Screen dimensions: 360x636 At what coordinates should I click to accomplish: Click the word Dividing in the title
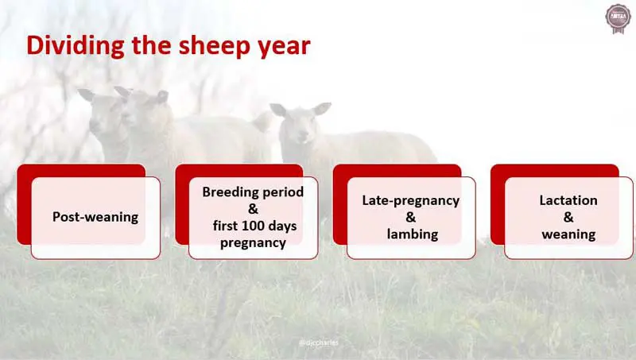(72, 45)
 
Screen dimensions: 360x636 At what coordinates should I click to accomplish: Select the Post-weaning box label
(95, 217)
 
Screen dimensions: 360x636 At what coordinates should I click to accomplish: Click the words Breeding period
(253, 192)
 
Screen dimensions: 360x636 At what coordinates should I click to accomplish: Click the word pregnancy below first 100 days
(253, 243)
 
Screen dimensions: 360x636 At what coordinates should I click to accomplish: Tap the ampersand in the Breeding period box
(253, 209)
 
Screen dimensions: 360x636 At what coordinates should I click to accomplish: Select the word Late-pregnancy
(411, 200)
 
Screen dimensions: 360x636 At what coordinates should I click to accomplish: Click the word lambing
(411, 234)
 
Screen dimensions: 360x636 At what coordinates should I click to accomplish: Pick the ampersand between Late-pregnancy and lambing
(411, 217)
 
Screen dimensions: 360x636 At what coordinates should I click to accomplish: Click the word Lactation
(568, 200)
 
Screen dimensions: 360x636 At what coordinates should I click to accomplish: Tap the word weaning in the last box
(568, 234)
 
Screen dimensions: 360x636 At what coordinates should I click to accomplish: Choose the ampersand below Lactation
(568, 217)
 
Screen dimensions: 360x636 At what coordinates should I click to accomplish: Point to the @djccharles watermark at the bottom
(317, 343)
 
